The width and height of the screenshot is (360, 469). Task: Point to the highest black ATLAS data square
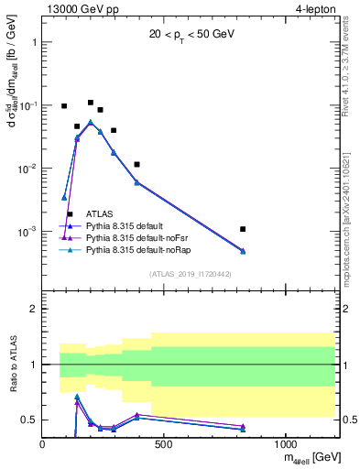tap(91, 103)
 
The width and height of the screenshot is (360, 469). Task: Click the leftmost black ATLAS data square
tap(64, 106)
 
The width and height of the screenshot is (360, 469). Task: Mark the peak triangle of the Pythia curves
tap(91, 121)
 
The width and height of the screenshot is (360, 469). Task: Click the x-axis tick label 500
tap(164, 444)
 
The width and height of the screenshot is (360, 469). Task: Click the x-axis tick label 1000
tap(285, 444)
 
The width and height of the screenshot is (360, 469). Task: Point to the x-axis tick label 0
tap(43, 444)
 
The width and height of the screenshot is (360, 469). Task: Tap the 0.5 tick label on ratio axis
tap(29, 420)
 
